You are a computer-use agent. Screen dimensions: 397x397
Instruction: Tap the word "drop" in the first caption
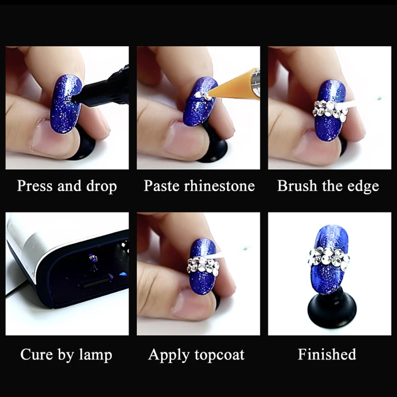(102, 186)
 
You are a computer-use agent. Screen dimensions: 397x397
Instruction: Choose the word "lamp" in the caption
(96, 355)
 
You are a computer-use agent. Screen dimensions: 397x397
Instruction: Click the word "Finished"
(327, 354)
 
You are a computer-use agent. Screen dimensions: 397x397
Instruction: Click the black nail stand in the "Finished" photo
(332, 310)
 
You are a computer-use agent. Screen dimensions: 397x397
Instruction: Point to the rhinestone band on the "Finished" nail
(329, 259)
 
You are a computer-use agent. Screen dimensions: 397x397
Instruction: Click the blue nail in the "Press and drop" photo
(66, 104)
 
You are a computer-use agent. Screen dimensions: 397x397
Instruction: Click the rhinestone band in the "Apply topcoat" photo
(203, 265)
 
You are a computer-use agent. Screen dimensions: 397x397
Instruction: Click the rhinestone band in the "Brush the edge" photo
(331, 111)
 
